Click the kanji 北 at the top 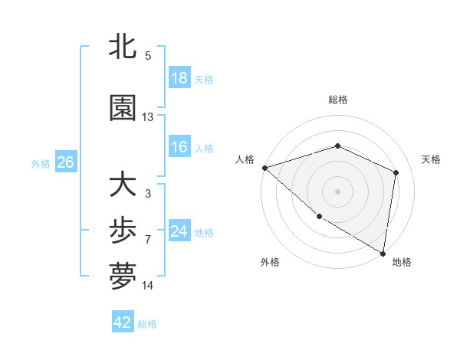123,47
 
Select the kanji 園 123,109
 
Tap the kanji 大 123,185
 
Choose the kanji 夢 123,277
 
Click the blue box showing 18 179,78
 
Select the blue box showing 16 179,147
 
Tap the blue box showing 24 179,231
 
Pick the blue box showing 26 65,162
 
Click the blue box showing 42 123,322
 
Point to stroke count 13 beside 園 148,117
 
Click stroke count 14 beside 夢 148,286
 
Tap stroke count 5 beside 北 148,56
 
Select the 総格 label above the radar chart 337,100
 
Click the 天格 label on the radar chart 432,159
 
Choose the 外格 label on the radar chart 269,262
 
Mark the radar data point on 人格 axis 264,168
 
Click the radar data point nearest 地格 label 383,252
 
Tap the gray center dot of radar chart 337,191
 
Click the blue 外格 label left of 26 41,163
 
